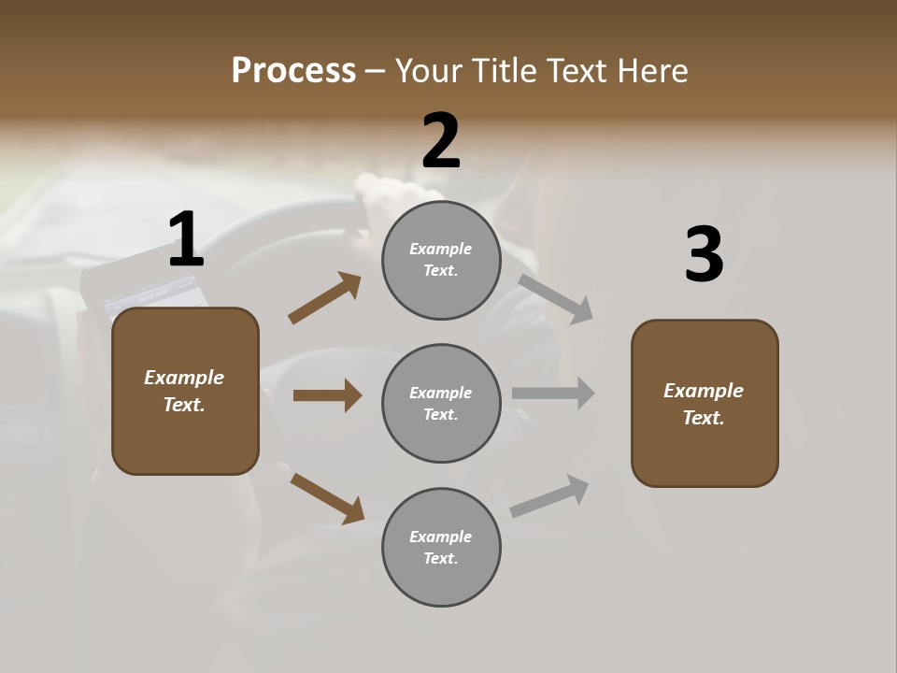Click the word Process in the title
point(293,71)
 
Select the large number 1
point(185,240)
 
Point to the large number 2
point(441,141)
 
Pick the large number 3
point(704,255)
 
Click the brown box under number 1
point(185,391)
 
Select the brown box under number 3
point(705,403)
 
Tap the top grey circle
point(441,260)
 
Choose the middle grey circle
point(441,403)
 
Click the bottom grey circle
point(441,547)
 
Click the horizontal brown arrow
point(327,395)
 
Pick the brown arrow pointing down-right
point(327,498)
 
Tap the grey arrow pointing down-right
point(556,298)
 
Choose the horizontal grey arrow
point(553,394)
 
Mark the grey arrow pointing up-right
point(550,496)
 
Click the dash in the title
point(376,71)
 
